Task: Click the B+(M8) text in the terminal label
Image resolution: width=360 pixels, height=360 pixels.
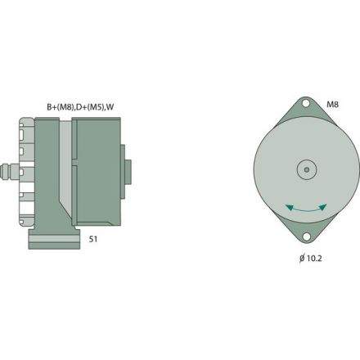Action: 60,106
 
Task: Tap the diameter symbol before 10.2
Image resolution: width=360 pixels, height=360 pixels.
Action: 302,258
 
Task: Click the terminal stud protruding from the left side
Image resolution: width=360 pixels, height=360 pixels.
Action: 11,173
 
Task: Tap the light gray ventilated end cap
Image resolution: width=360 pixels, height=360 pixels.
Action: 26,172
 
